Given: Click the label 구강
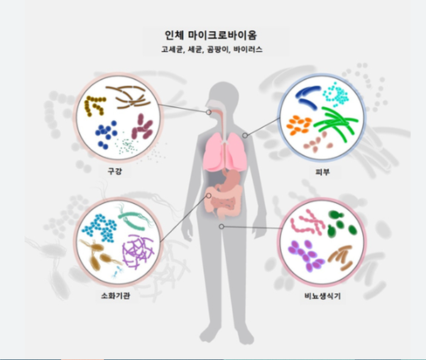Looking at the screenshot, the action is [114, 171].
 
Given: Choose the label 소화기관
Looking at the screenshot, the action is [115, 294].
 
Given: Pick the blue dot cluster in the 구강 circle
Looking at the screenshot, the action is [106, 133].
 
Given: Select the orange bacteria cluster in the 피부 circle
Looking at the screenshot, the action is [299, 125].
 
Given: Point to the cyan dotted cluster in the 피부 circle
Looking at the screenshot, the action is [334, 92].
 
